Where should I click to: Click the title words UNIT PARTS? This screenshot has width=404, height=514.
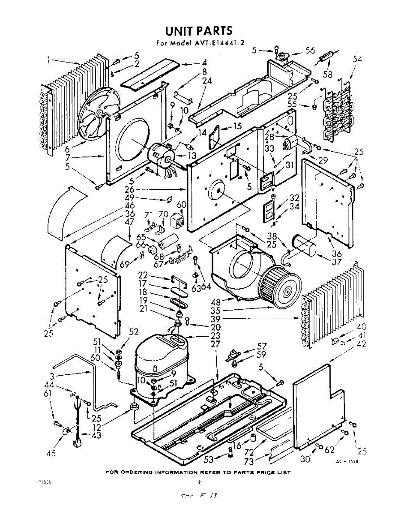[199, 31]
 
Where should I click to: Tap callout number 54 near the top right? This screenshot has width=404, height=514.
[357, 60]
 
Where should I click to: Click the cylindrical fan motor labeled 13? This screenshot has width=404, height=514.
[161, 155]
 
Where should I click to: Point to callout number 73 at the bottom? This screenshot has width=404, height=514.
[248, 461]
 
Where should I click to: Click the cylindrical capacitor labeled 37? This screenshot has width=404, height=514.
[305, 249]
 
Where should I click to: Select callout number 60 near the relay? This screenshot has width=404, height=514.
[181, 205]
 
